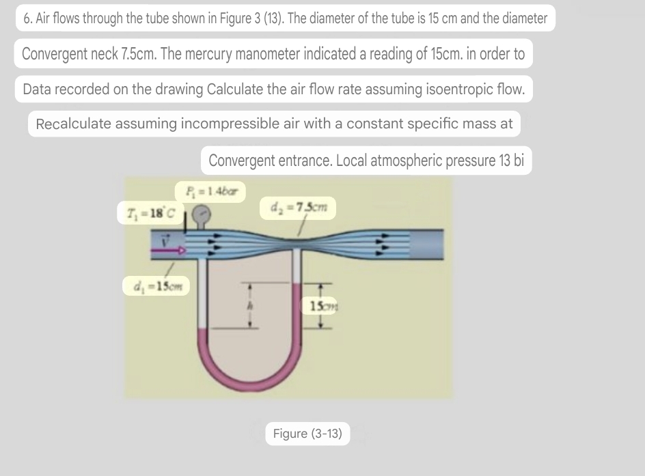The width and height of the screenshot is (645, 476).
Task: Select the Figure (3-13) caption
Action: (307, 434)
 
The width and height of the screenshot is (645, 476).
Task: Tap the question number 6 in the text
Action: (26, 18)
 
